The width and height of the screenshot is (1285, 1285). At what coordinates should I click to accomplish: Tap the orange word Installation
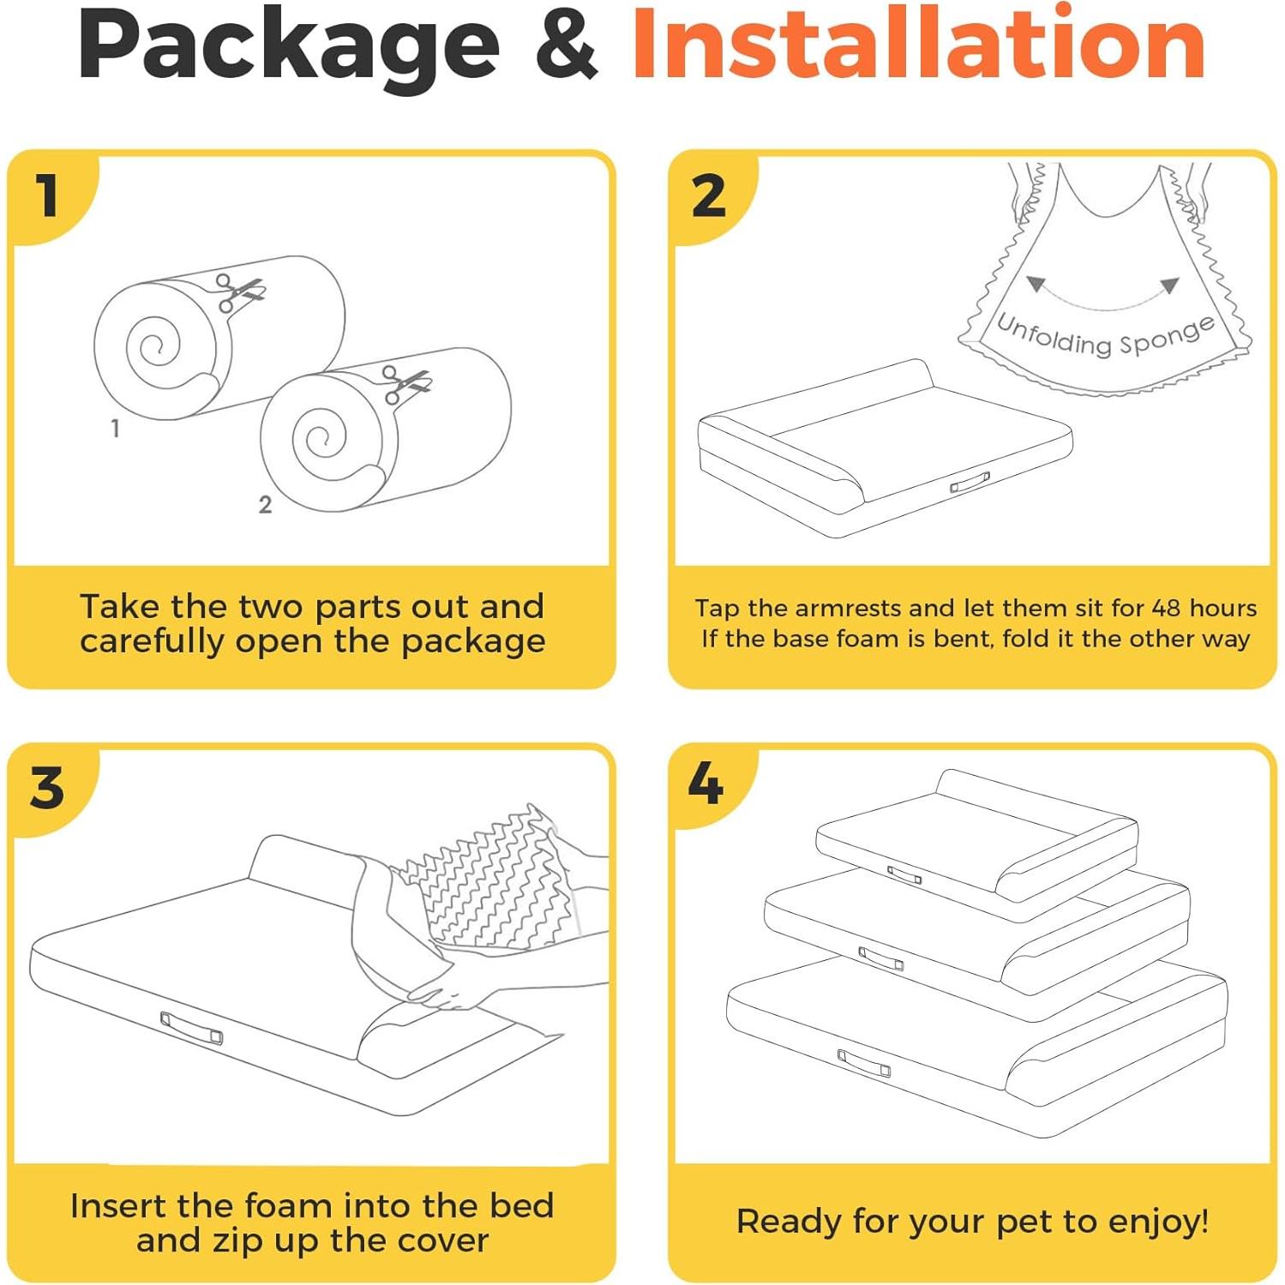(x=919, y=43)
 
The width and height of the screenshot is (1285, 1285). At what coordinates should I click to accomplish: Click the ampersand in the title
(x=566, y=44)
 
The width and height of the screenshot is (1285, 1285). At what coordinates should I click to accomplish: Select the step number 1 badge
(x=48, y=195)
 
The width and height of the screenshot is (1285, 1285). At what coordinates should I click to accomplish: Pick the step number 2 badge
(x=708, y=195)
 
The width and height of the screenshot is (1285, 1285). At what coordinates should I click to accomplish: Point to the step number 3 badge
(x=47, y=787)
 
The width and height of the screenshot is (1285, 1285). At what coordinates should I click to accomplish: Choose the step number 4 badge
(x=706, y=783)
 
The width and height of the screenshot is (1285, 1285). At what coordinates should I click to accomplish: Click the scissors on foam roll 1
(x=239, y=292)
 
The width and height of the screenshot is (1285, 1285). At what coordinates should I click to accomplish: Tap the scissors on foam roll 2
(x=405, y=384)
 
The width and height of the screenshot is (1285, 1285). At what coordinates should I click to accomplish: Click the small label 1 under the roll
(x=115, y=428)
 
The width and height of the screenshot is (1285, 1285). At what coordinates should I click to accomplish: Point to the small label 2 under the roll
(x=265, y=505)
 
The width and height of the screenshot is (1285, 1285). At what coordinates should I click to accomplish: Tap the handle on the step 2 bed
(x=970, y=483)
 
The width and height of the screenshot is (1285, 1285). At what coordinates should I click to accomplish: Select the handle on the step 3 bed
(x=191, y=1028)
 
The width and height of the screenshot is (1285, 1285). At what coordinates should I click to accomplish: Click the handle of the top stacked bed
(x=904, y=875)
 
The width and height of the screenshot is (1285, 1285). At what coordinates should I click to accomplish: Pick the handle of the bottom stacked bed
(x=863, y=1063)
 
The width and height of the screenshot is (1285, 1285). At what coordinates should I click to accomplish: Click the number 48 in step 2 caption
(x=1167, y=608)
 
